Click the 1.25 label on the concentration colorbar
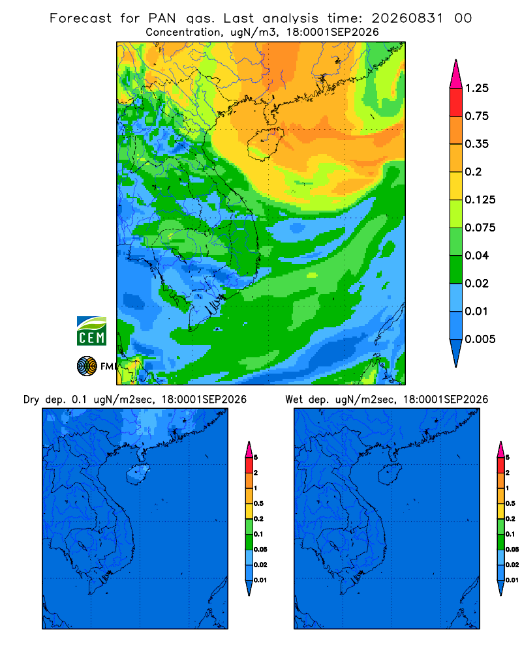(x=476, y=88)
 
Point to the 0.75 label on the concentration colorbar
(x=476, y=116)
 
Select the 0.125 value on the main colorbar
(x=480, y=200)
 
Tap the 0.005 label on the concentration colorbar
(x=480, y=339)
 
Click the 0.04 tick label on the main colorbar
(x=476, y=256)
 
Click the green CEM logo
(x=91, y=331)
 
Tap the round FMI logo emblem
(x=87, y=366)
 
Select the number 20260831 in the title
(x=407, y=18)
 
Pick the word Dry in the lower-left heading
(x=31, y=400)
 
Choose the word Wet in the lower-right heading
(x=294, y=400)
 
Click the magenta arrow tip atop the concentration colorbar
(x=456, y=74)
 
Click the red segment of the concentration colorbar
(x=456, y=102)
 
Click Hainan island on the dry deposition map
(x=137, y=475)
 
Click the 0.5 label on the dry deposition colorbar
(x=258, y=503)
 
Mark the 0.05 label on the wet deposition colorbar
(x=512, y=550)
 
